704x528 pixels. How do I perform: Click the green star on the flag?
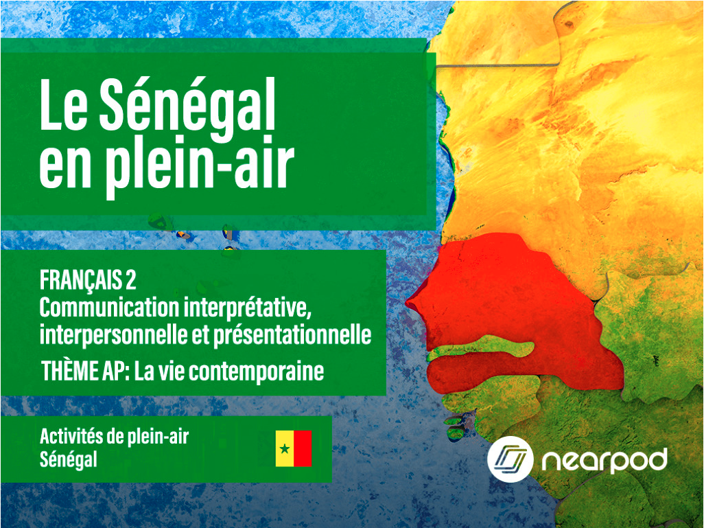tap(285, 449)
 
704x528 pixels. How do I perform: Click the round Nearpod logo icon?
tap(511, 459)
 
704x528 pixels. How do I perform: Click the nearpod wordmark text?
tap(603, 459)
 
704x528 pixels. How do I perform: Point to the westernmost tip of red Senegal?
tap(408, 303)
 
